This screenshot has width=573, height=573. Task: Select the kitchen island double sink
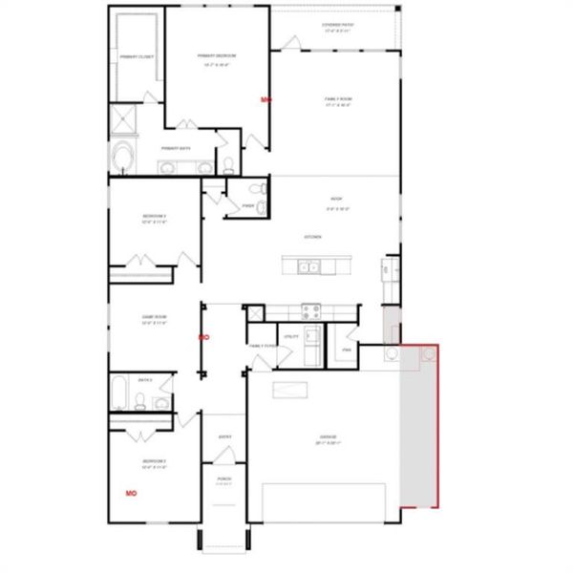(308, 267)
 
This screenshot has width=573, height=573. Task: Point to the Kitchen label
(312, 237)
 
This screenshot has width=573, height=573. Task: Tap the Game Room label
(155, 320)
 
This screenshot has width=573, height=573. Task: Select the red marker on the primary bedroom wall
(266, 97)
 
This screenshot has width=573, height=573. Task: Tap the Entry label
(225, 436)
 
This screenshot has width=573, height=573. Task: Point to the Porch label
(223, 480)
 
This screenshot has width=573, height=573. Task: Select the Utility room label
(290, 337)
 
